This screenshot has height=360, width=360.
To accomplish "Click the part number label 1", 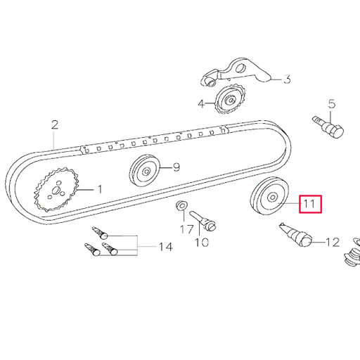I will (x=99, y=189).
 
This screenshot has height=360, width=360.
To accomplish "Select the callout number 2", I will (x=54, y=126).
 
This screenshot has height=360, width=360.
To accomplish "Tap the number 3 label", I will (x=286, y=79).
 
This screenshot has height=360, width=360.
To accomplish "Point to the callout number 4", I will (x=201, y=104).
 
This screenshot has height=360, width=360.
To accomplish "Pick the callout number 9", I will (x=176, y=167).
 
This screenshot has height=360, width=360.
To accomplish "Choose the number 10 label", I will (x=202, y=243).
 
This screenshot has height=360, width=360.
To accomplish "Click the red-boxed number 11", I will (x=309, y=205).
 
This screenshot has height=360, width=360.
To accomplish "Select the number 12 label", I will (x=332, y=243).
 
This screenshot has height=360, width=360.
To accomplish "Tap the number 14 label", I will (x=165, y=247).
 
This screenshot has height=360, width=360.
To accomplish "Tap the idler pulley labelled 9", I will (x=144, y=169).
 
